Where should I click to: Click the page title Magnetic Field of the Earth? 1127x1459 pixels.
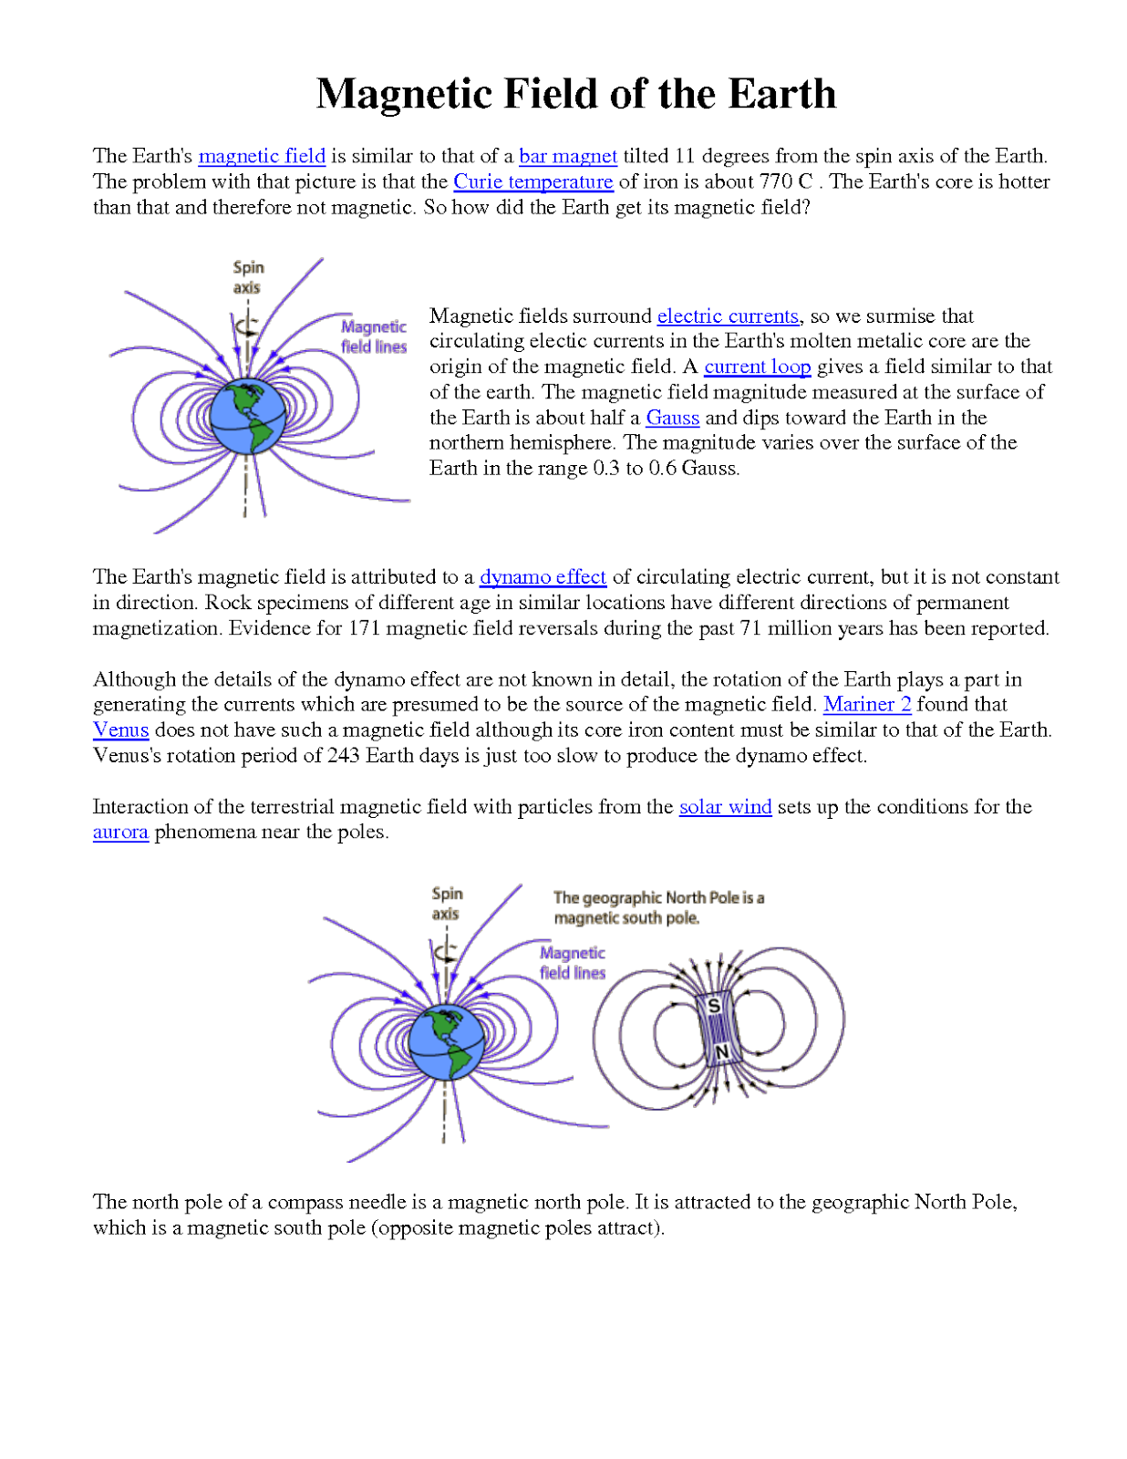coord(575,94)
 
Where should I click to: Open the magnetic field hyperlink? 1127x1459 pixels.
coord(262,156)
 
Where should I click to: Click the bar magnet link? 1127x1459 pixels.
coord(568,156)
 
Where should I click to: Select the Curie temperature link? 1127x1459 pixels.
coord(533,181)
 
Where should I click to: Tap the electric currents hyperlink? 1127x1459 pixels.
coord(728,316)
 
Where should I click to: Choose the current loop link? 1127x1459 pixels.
coord(757,367)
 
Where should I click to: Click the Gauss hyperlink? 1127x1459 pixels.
coord(673,418)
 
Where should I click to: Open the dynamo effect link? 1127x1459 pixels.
coord(543,577)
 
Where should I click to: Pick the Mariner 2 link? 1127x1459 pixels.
coord(867,704)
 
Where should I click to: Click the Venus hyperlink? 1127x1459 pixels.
coord(120,729)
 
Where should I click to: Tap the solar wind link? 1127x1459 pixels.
coord(725,807)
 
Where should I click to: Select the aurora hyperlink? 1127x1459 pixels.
coord(120,833)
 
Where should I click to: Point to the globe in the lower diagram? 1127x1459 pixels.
coord(446,1042)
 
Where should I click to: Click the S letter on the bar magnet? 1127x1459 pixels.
coord(714,1006)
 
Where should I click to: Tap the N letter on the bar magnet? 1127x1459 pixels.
coord(721,1053)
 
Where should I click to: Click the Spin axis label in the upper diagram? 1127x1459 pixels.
coord(247,277)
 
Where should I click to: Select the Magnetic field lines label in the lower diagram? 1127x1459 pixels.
coord(573,963)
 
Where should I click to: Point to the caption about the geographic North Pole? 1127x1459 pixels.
coord(658,908)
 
